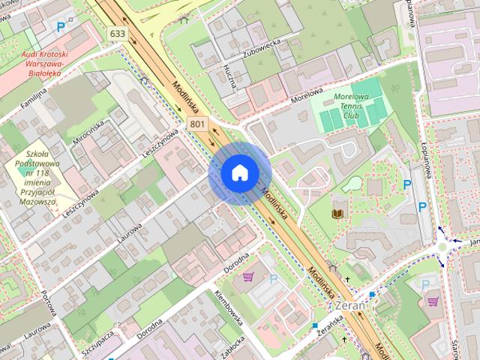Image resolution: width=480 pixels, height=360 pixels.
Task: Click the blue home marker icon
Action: tap(239, 172)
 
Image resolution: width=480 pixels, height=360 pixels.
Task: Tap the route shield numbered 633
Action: tap(117, 34)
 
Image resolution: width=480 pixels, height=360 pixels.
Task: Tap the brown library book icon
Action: tap(337, 214)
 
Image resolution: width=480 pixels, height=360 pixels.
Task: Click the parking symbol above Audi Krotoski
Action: tap(61, 27)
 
